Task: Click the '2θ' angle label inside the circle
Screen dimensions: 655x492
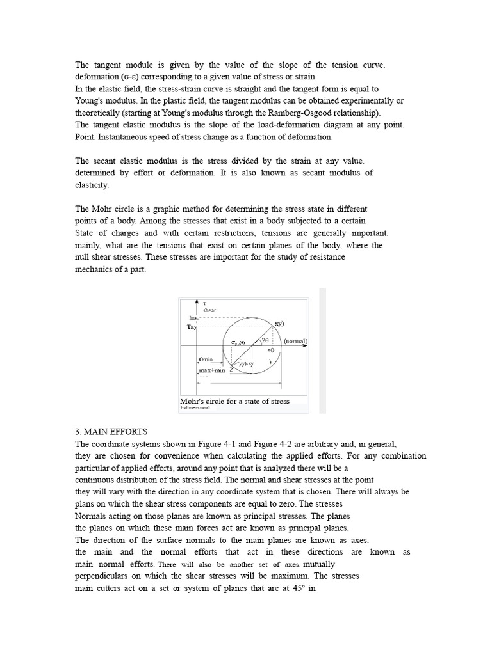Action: [x=265, y=341]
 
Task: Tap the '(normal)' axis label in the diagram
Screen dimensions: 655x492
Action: [x=295, y=342]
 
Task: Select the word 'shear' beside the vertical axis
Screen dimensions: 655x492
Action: [x=209, y=310]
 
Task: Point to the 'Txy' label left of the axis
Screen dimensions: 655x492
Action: [x=192, y=327]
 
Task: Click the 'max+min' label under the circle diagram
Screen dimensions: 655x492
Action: [x=212, y=370]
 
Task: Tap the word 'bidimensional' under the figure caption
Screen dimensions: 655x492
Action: [x=195, y=407]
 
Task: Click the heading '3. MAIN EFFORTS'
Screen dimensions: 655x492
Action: [x=111, y=432]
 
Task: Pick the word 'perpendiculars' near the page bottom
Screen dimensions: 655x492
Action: [x=104, y=576]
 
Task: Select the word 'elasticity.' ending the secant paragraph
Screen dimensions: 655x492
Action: [x=92, y=185]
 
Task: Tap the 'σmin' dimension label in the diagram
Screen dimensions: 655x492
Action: [x=206, y=359]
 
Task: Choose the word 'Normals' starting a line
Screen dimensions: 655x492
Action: [x=93, y=516]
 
